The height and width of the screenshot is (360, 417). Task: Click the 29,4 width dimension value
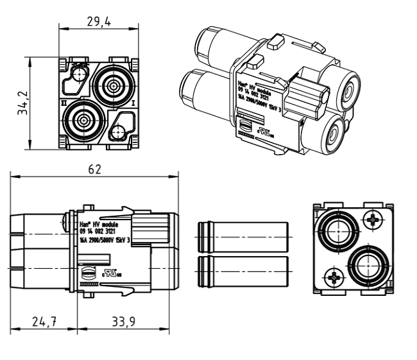[99, 21]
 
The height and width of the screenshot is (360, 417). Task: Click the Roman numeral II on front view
[63, 101]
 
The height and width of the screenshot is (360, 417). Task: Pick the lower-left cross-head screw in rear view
[334, 277]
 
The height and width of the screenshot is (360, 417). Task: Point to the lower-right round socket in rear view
[368, 264]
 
